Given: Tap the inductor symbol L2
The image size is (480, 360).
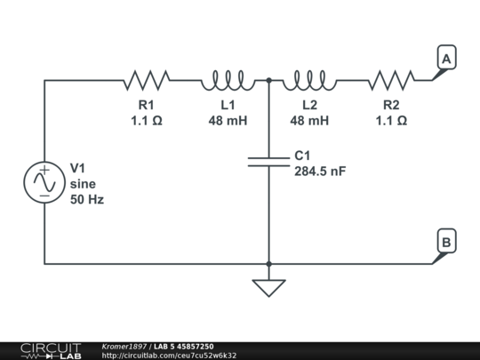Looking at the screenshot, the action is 308,81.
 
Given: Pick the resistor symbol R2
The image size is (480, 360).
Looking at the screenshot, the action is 391,81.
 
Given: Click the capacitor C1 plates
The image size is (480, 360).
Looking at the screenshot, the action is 268,161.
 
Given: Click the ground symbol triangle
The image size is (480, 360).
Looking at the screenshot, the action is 268,287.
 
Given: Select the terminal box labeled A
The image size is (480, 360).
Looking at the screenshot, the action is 447,59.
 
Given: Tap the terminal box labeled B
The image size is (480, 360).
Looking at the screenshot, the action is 447,242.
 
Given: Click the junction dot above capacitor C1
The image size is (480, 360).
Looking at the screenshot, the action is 268,80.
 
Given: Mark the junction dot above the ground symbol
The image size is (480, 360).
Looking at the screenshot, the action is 268,263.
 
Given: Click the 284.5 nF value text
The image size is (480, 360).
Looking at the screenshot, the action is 320,172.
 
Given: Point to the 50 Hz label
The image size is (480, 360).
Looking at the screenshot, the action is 87,200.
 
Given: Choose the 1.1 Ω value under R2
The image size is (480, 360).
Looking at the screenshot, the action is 391,121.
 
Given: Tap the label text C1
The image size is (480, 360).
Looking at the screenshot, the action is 303,156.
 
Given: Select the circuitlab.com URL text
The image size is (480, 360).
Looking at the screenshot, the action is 169,356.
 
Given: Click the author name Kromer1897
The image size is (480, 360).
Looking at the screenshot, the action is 124,346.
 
